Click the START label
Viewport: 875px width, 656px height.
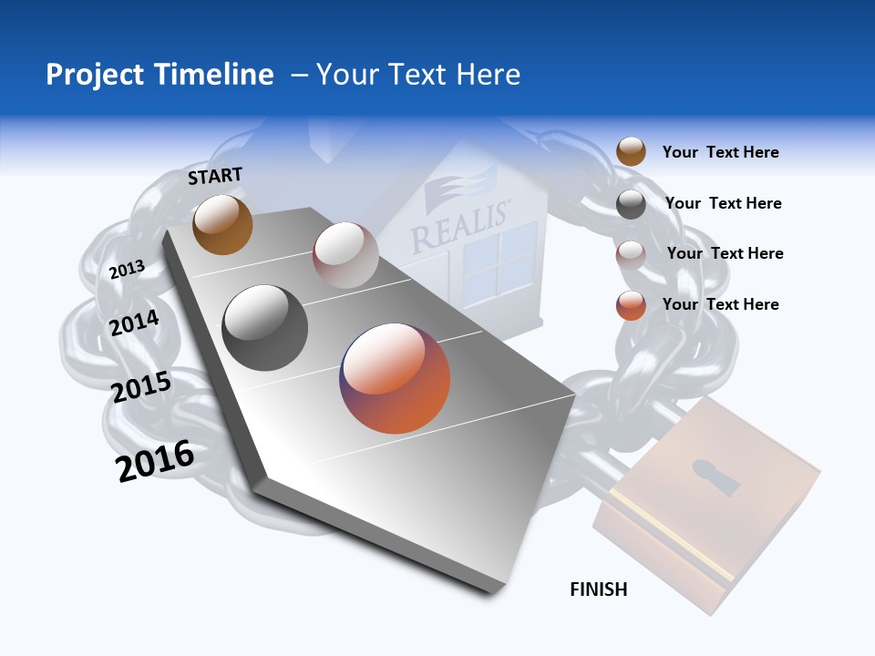click(x=215, y=176)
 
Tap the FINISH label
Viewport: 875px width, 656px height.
click(x=599, y=589)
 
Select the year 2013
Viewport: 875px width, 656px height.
click(x=127, y=269)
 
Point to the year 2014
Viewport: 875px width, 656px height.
click(x=135, y=323)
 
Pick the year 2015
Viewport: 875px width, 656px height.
click(x=141, y=387)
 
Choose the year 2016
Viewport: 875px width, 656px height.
click(x=155, y=460)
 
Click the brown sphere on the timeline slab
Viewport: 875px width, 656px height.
click(x=222, y=225)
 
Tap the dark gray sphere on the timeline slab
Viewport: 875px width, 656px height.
click(x=265, y=328)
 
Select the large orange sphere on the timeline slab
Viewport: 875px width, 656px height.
click(x=395, y=378)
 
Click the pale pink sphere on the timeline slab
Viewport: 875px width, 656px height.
click(x=345, y=255)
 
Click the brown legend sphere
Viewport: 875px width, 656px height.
click(x=631, y=152)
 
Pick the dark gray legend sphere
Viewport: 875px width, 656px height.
click(x=631, y=204)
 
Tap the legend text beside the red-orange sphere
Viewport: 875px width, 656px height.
click(x=720, y=304)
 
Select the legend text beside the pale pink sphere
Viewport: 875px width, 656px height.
click(x=725, y=253)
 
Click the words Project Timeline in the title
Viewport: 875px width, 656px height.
click(x=160, y=75)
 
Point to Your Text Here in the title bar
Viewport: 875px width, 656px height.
click(x=417, y=75)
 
